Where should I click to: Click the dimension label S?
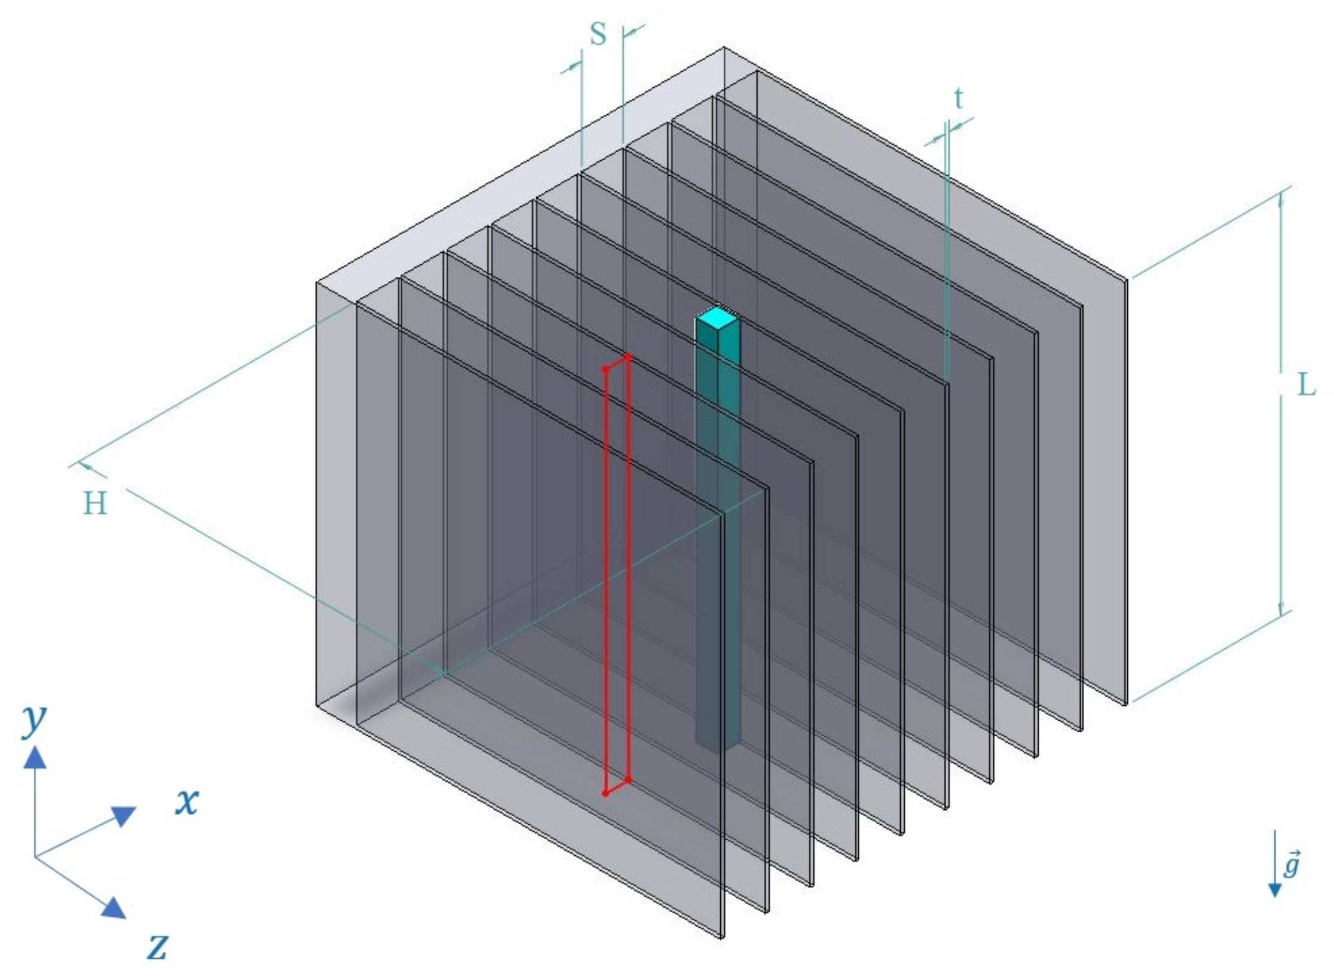pos(598,35)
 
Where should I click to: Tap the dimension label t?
pos(959,98)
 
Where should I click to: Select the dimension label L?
pos(1307,385)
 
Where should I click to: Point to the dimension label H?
pos(95,503)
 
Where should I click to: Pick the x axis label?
pos(186,801)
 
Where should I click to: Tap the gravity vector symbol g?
pos(1292,864)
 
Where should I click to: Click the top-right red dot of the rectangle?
pos(628,356)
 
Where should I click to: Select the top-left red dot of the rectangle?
pos(605,369)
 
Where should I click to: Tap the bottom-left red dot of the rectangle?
pos(605,793)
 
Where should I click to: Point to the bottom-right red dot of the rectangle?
pos(628,779)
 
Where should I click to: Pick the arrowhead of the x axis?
pos(124,815)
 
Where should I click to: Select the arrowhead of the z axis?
pos(114,908)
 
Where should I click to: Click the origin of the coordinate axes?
pos(35,856)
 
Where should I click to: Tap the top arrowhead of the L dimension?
pos(1280,200)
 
